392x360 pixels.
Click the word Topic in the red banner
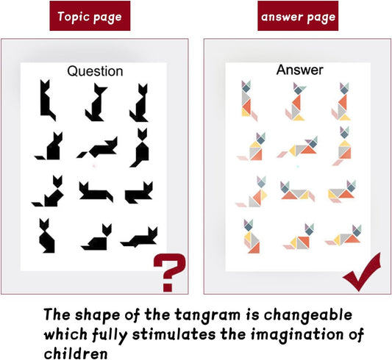point(74,16)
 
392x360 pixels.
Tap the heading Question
point(95,71)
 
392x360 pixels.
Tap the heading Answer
point(299,70)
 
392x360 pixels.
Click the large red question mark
point(170,272)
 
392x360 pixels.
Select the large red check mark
point(363,273)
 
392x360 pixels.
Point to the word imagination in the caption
point(298,334)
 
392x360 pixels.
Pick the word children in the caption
point(76,353)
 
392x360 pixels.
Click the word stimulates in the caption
point(174,334)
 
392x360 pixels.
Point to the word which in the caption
point(65,334)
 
